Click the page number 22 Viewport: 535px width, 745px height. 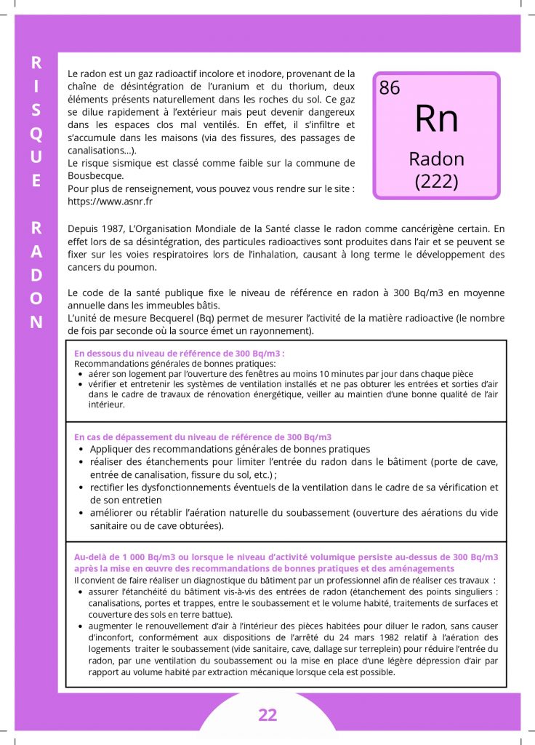click(267, 714)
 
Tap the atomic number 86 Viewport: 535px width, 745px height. click(390, 88)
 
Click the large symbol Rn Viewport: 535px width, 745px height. click(436, 118)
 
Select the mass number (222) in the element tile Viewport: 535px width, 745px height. click(436, 181)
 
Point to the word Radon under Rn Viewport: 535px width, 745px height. click(436, 159)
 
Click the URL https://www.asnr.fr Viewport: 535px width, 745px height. click(110, 202)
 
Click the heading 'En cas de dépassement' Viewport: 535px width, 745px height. click(203, 437)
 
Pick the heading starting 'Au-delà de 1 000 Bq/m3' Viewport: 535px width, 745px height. click(286, 557)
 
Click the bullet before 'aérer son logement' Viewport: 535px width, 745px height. click(80, 373)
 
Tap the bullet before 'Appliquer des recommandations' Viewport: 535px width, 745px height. click(80, 450)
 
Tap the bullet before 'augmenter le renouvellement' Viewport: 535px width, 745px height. click(80, 626)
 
